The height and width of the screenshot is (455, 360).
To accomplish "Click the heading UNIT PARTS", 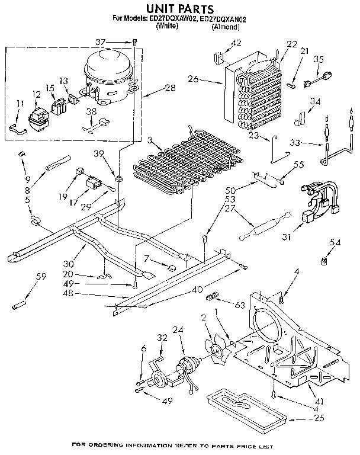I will tap(179, 8).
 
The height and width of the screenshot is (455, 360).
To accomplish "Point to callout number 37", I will tap(117, 41).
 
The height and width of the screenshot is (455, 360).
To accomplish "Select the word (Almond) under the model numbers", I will tap(226, 27).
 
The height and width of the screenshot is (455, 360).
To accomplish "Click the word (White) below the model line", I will tap(168, 27).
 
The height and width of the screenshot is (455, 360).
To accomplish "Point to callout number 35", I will tap(319, 59).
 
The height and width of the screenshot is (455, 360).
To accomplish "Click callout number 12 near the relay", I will tap(37, 94).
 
